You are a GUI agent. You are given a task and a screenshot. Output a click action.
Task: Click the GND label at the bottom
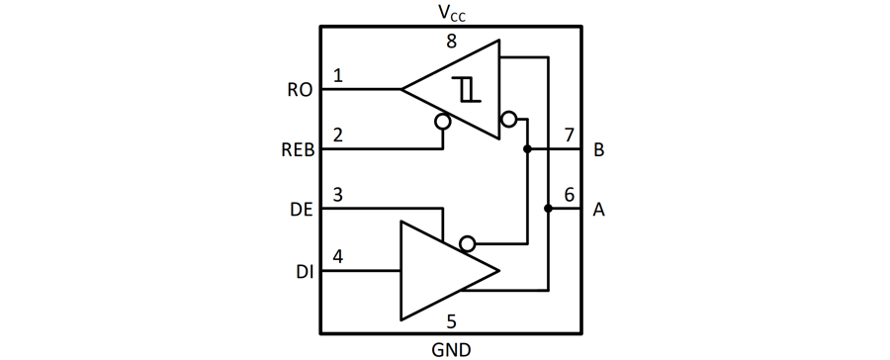pyautogui.click(x=451, y=349)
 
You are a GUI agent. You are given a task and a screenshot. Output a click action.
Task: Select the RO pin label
pyautogui.click(x=300, y=90)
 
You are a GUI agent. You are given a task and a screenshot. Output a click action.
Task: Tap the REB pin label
pyautogui.click(x=297, y=150)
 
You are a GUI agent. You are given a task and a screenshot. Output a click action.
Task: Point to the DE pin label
pyautogui.click(x=301, y=210)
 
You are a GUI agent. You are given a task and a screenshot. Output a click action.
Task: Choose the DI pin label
pyautogui.click(x=304, y=270)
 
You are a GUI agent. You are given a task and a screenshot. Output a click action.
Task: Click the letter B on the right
pyautogui.click(x=599, y=150)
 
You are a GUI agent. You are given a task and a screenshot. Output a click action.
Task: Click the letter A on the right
pyautogui.click(x=599, y=210)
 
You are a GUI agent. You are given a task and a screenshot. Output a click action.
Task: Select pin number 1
pyautogui.click(x=338, y=76)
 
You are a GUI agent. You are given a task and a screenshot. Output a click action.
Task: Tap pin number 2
pyautogui.click(x=338, y=135)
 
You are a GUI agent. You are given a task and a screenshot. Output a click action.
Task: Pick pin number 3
pyautogui.click(x=338, y=195)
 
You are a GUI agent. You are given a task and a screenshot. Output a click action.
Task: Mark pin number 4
pyautogui.click(x=338, y=256)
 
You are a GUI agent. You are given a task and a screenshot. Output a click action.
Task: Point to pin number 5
pyautogui.click(x=452, y=320)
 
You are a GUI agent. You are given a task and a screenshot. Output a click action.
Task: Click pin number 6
pyautogui.click(x=569, y=195)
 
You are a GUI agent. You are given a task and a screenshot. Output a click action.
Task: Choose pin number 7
pyautogui.click(x=569, y=135)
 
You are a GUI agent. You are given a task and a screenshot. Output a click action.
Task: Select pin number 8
pyautogui.click(x=452, y=42)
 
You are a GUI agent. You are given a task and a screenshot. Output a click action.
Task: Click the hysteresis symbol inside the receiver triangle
pyautogui.click(x=468, y=90)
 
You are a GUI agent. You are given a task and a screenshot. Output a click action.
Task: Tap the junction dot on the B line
pyautogui.click(x=527, y=149)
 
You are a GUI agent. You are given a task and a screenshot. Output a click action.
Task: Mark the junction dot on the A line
pyautogui.click(x=548, y=209)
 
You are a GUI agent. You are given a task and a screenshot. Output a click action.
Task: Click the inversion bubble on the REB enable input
pyautogui.click(x=442, y=122)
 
